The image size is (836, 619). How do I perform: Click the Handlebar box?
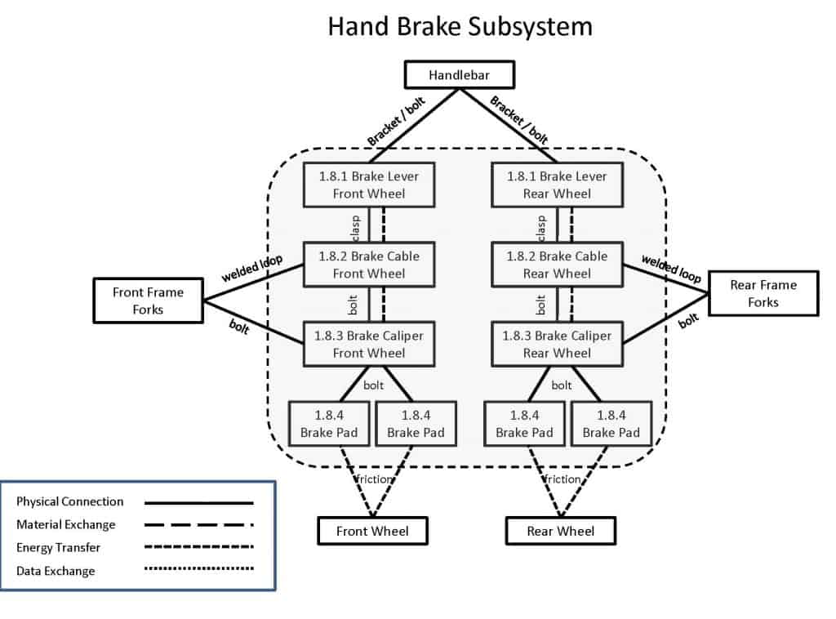[460, 76]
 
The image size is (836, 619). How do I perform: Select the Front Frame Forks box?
[148, 301]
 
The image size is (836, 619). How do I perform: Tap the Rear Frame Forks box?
[763, 293]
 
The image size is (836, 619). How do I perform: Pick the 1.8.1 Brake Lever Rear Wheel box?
[557, 185]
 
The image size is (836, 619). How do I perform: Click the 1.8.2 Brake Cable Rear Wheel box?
[557, 265]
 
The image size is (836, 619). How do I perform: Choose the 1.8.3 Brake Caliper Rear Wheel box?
[557, 344]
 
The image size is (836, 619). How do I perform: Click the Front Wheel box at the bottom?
[372, 531]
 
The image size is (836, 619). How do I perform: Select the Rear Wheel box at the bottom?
[561, 531]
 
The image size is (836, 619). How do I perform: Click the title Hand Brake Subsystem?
[460, 26]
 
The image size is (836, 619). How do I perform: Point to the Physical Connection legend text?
[70, 501]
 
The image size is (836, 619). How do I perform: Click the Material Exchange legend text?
[66, 524]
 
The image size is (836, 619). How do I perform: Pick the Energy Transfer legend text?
[59, 548]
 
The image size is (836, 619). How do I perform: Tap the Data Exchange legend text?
[56, 571]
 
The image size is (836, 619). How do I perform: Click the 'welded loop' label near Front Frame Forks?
[251, 267]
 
